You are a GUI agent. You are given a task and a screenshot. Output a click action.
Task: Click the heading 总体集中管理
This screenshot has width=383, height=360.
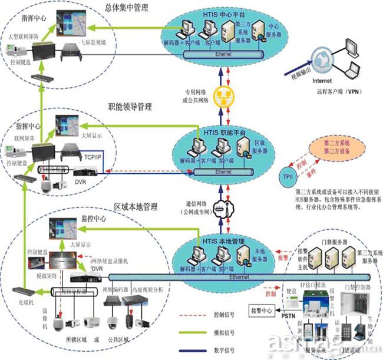[126, 8]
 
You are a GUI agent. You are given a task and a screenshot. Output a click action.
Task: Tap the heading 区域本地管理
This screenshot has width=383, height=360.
[136, 207]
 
